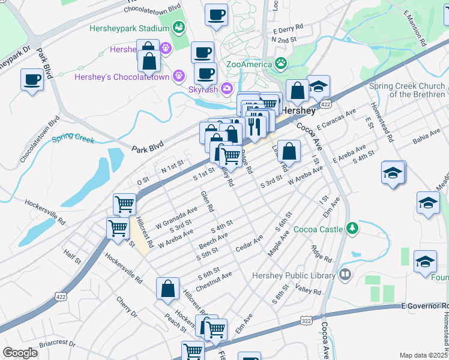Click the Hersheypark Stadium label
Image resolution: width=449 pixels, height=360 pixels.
[x=129, y=28]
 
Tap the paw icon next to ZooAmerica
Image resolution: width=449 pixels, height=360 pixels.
[x=280, y=63]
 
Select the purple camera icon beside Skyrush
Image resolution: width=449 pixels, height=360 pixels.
[x=226, y=89]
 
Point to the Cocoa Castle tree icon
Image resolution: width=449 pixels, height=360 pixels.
[x=352, y=228]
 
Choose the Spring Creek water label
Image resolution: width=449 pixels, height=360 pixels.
[x=73, y=139]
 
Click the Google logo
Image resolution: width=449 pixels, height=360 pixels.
[x=20, y=353]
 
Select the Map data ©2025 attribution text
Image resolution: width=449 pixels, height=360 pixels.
[x=423, y=355]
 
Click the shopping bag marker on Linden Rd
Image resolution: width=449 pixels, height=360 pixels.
[x=289, y=152]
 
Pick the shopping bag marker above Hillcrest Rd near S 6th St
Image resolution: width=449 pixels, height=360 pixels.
[x=168, y=289]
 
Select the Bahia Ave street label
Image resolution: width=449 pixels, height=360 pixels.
[x=426, y=140]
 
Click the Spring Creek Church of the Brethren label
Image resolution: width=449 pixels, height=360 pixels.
[x=408, y=90]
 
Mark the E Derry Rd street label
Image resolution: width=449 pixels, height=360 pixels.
[x=288, y=29]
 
